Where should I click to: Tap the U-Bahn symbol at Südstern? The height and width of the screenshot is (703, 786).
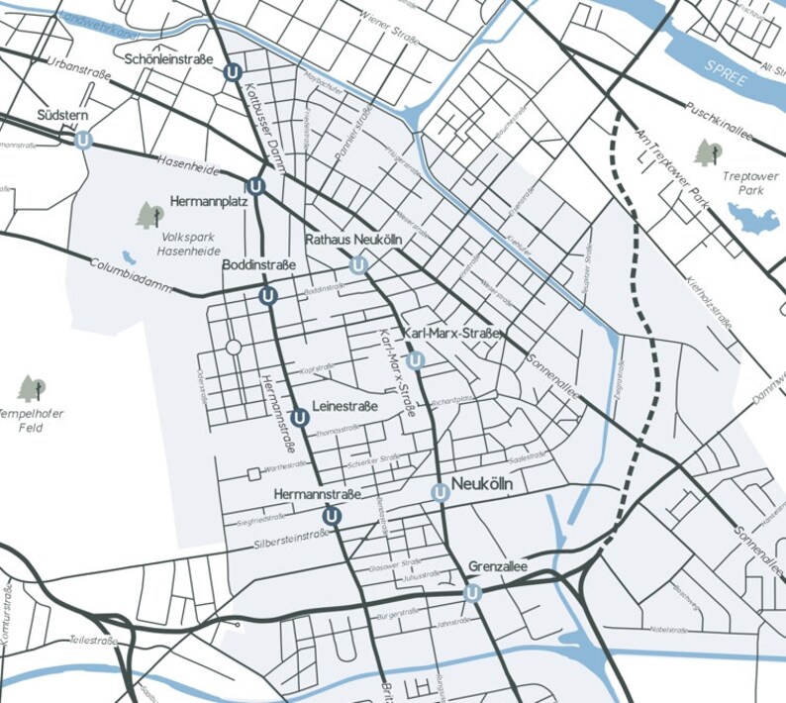85,141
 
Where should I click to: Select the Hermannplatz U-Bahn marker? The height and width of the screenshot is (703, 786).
255,185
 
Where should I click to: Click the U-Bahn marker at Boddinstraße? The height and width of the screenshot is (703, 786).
266,296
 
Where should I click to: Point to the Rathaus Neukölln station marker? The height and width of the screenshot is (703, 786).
358,265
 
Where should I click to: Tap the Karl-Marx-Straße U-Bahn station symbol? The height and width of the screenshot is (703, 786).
416,360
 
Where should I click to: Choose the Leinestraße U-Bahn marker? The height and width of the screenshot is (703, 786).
300,418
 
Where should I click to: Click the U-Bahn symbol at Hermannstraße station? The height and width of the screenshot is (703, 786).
332,515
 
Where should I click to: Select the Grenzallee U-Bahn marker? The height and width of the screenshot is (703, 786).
472,593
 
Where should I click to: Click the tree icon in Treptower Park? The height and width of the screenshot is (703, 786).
708,152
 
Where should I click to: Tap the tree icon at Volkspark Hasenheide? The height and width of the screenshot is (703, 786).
150,214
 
